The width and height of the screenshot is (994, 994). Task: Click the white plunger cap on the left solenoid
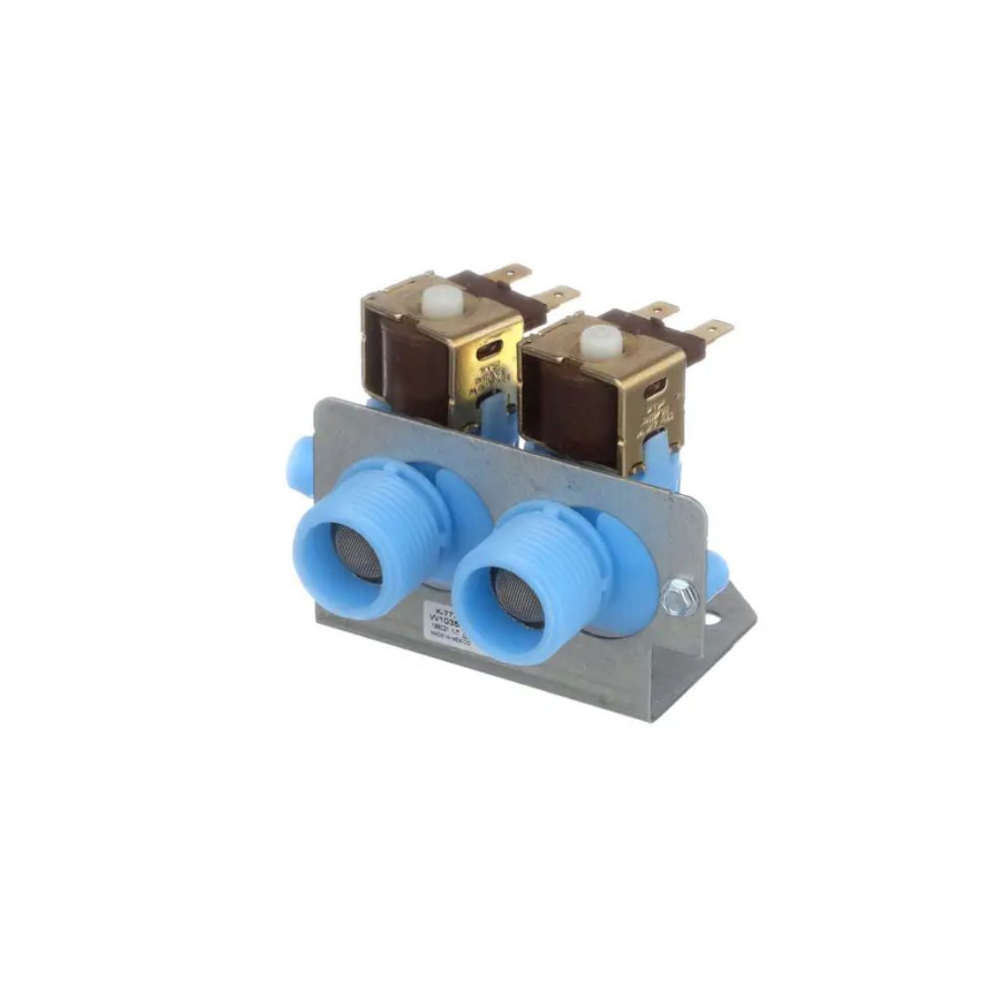[x=442, y=300]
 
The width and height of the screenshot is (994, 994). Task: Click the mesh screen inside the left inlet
[x=358, y=552]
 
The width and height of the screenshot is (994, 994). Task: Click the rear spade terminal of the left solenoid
[x=513, y=271]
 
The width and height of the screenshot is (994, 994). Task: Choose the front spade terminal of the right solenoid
[x=712, y=329]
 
